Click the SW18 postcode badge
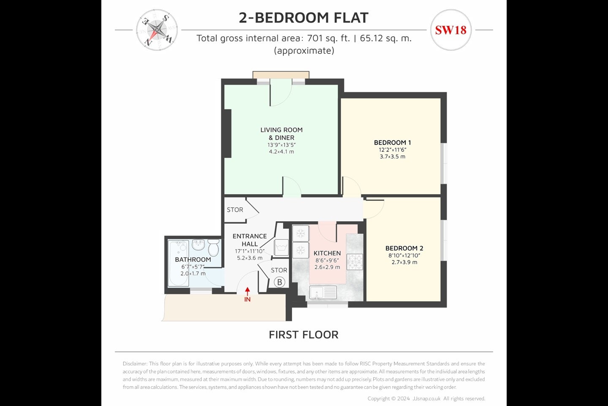pos(451,30)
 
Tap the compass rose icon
pos(157,30)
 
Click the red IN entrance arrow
pos(247,292)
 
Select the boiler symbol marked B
pos(280,282)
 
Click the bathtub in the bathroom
pos(178,263)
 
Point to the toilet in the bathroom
pos(214,247)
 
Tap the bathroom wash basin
pos(198,245)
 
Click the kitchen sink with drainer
pos(323,293)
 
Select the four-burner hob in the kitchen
pos(355,262)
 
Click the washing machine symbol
pos(281,247)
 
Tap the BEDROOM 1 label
pos(393,143)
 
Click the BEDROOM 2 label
pos(404,248)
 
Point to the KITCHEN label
pos(327,253)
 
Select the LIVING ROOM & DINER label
pos(282,134)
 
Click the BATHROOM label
pos(193,260)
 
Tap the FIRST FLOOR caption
pos(304,335)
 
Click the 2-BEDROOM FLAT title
pos(304,18)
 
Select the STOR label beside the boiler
pos(279,270)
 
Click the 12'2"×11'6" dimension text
pos(393,150)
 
